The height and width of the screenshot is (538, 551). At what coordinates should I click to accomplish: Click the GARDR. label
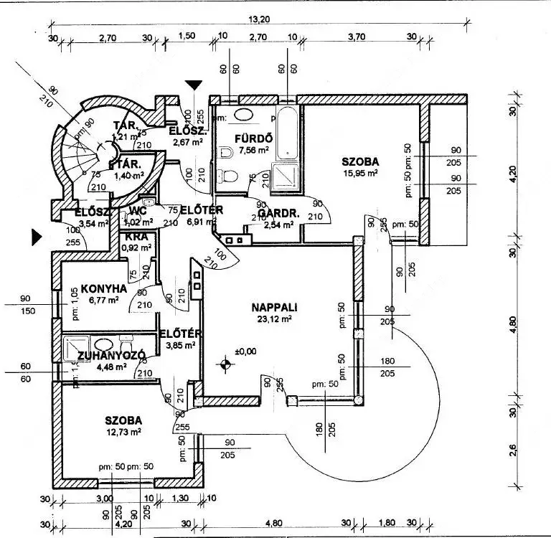(x=274, y=214)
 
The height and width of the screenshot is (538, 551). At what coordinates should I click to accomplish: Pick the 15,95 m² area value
(x=360, y=173)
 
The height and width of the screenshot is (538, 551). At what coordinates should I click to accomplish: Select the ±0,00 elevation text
(x=245, y=351)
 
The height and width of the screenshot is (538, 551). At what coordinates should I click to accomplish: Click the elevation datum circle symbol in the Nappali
(x=227, y=364)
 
